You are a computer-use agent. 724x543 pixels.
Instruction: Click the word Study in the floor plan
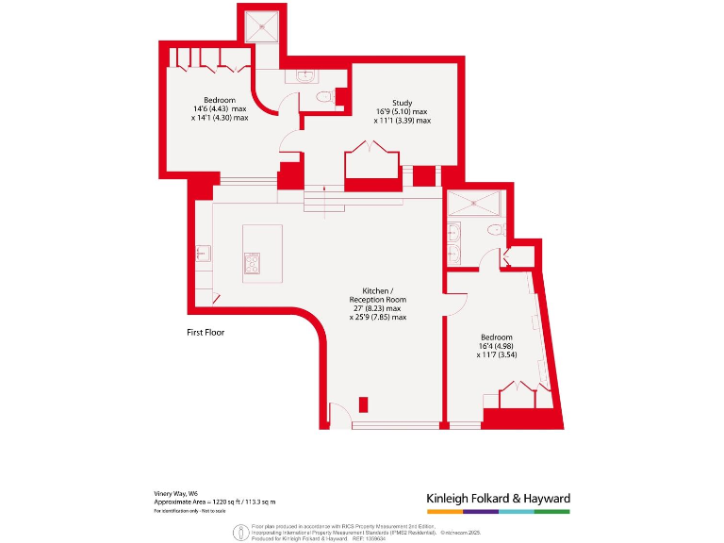coord(402,103)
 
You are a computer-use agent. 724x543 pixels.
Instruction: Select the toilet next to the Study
coord(325,96)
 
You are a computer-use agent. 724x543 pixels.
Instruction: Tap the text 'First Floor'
coord(205,333)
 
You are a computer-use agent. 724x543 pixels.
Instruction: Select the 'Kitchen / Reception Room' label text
coord(376,294)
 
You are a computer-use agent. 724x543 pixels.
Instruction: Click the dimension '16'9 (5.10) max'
coord(402,112)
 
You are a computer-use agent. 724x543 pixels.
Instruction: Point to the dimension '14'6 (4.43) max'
coord(220,109)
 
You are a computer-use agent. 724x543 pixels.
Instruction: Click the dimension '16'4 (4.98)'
coord(497,346)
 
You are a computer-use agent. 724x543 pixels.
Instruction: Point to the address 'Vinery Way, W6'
coord(176,493)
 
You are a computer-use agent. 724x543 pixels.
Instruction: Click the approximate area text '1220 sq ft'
coord(231,502)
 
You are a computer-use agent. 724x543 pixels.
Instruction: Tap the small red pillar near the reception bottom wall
coord(364,406)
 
